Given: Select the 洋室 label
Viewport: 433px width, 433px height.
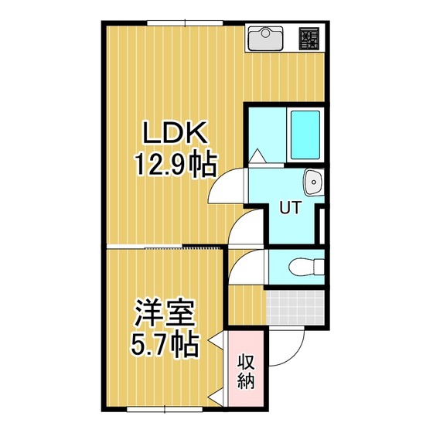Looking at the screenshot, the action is click(165, 314).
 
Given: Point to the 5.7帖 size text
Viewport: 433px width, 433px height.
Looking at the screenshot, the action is click(165, 346).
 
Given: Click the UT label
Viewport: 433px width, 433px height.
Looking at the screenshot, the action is click(290, 207).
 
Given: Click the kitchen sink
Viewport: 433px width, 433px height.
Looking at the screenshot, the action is click(265, 39).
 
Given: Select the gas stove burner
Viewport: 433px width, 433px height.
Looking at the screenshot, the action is click(309, 39).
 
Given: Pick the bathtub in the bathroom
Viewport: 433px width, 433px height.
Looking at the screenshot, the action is click(305, 135).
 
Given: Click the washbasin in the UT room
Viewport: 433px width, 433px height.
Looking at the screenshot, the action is click(314, 182).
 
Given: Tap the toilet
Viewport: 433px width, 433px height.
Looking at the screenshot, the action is click(306, 267).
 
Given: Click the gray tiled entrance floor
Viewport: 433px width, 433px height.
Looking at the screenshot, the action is click(295, 307).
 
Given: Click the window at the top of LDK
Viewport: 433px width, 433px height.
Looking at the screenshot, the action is click(185, 23).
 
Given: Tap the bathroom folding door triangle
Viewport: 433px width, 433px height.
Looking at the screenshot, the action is click(257, 155).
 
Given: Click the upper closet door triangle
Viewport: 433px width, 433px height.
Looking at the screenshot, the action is click(216, 339).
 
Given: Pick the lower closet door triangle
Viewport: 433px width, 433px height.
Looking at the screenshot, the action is click(216, 397).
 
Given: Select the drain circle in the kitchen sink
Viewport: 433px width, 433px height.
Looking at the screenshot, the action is click(265, 33).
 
